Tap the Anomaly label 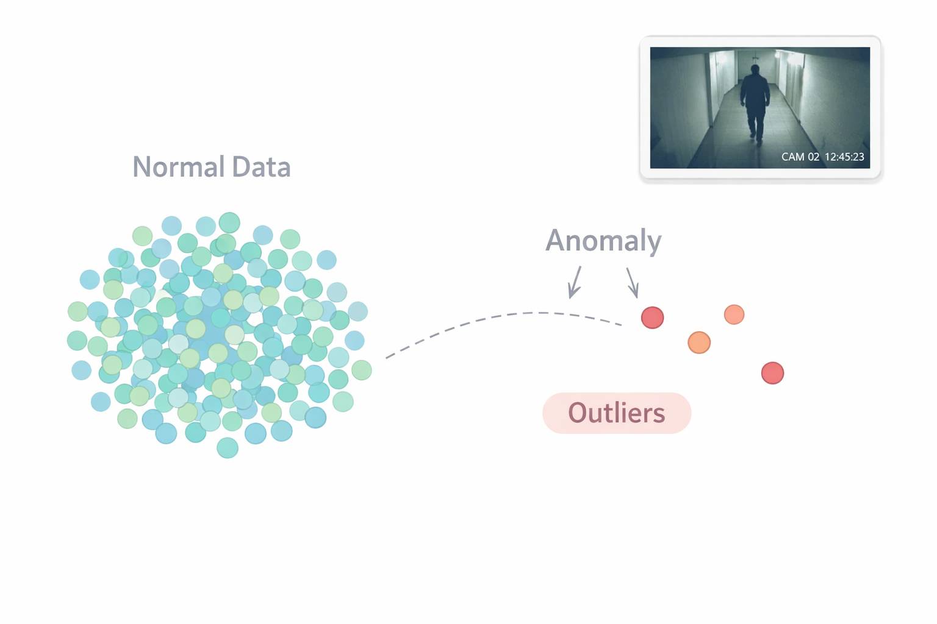pos(603,241)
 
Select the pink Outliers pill pos(616,413)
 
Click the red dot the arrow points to pos(652,317)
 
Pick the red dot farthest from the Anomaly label pos(772,373)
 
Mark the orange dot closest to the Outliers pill pos(699,342)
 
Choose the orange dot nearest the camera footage pos(734,314)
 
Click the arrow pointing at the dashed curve pos(575,283)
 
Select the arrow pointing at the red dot pos(633,283)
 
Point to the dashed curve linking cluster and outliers pos(500,317)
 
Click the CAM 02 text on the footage pos(800,157)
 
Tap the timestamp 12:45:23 pos(844,157)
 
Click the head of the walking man pos(755,69)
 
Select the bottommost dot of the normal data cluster pos(228,448)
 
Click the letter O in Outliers pos(579,413)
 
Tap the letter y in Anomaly pos(654,243)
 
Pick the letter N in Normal pos(142,167)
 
